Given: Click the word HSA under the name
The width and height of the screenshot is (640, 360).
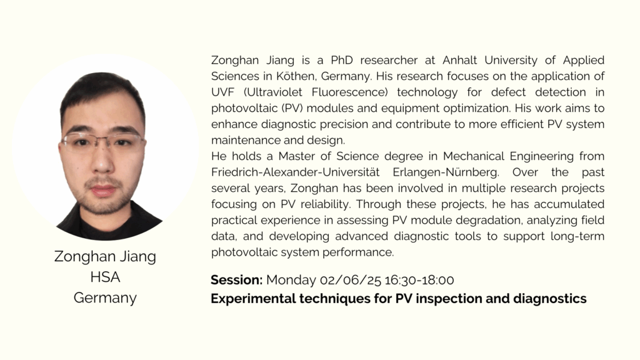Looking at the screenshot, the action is pos(105,277).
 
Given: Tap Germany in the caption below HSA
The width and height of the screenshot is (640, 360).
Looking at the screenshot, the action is pos(105,298).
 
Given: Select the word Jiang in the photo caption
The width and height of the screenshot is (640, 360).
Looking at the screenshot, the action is pos(137,257).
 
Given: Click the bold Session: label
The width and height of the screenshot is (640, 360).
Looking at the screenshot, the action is pos(236,280).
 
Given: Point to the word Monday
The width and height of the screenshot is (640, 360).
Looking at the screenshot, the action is pos(291,281).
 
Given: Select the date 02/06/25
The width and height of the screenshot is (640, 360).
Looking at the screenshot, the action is pos(350,281).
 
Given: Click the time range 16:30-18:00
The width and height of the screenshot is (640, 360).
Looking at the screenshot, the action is pos(419,281).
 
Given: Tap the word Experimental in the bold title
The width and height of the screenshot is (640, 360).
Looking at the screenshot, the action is pos(253,299).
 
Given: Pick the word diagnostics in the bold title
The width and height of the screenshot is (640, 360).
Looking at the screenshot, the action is pos(549,299).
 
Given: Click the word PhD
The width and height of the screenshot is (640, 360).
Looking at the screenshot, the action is pos(342,61).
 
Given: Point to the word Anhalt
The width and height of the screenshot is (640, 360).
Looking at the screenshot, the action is pos(459,61).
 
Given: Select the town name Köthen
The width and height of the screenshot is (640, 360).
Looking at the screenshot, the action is pos(296,76).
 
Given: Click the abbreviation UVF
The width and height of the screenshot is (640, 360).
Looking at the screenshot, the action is pos(223,92).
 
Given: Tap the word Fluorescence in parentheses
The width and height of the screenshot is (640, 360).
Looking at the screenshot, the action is pos(349,92).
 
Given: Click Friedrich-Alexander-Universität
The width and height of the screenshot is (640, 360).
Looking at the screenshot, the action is pos(295,172).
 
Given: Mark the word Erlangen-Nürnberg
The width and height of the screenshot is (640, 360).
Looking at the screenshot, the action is pos(446,172).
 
